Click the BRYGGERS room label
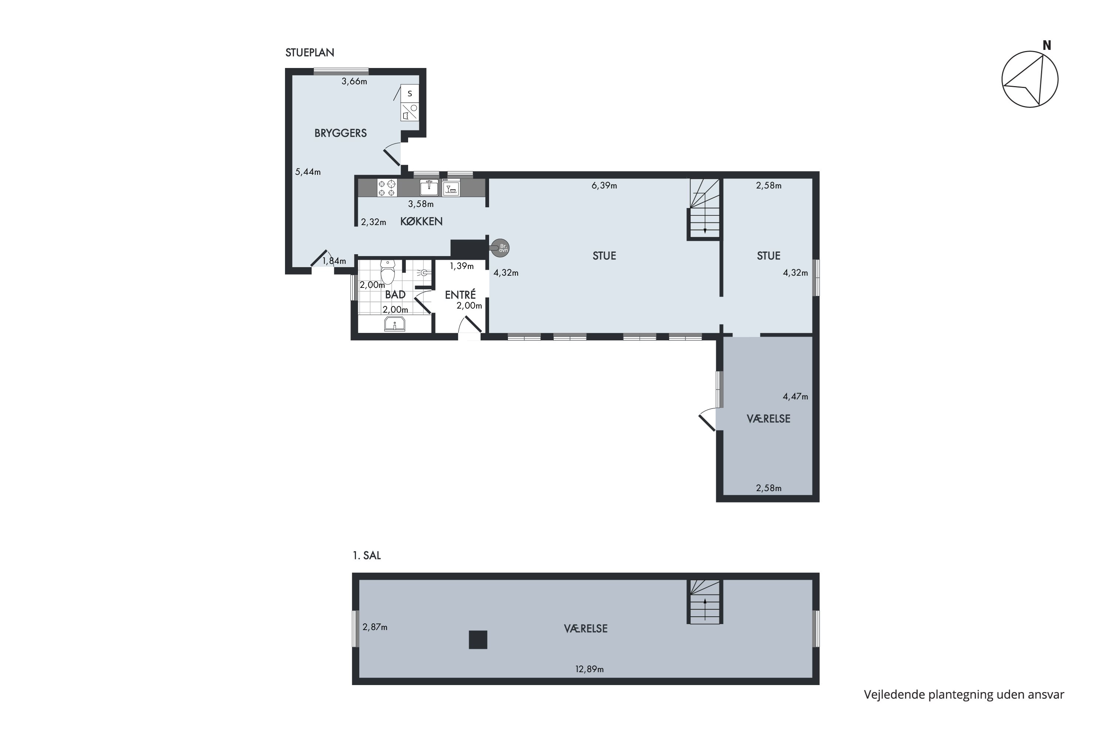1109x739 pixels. tap(340, 133)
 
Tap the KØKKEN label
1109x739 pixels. tap(421, 221)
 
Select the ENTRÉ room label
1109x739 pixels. tap(460, 294)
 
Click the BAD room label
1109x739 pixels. tap(395, 294)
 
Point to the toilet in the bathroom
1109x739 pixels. tap(387, 272)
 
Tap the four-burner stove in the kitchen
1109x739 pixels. tap(387, 188)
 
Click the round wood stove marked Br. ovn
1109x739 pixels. tap(500, 248)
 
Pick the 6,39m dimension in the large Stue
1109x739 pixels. tap(604, 186)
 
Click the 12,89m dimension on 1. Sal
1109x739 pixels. tap(589, 669)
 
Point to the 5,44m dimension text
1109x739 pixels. tap(308, 172)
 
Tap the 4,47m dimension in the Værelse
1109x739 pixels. tap(796, 396)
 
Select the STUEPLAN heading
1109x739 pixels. tap(310, 52)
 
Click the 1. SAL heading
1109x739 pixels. tap(367, 555)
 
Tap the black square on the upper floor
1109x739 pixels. tap(478, 640)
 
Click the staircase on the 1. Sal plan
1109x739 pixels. tap(705, 602)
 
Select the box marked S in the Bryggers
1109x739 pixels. tap(410, 93)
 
